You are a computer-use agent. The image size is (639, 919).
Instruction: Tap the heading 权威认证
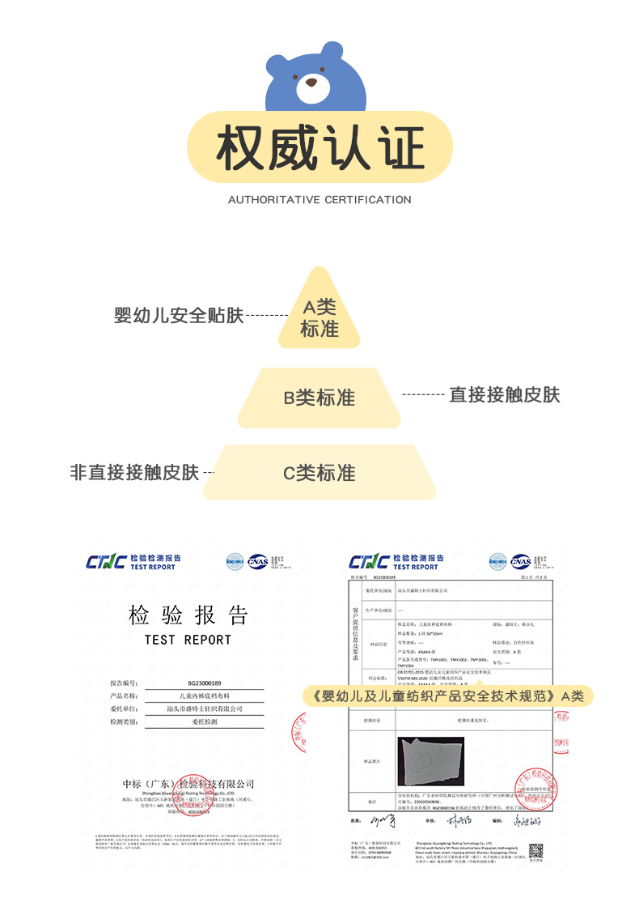click(x=319, y=148)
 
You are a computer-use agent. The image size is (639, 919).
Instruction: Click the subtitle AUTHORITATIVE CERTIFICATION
click(x=319, y=199)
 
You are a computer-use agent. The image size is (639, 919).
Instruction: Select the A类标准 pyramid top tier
click(x=319, y=317)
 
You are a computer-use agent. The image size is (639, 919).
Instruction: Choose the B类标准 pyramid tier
click(x=319, y=398)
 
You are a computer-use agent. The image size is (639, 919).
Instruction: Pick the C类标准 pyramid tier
click(x=319, y=473)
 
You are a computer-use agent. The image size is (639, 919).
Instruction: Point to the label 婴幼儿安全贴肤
click(x=179, y=315)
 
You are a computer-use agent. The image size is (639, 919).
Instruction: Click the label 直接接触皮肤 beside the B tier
click(x=505, y=394)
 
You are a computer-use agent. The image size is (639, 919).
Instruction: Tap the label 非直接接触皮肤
click(x=134, y=472)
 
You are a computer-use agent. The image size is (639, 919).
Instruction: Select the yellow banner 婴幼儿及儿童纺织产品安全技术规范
click(x=445, y=696)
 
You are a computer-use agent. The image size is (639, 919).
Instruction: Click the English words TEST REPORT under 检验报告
click(x=188, y=640)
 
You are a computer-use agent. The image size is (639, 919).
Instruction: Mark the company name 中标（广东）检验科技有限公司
click(x=188, y=784)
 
